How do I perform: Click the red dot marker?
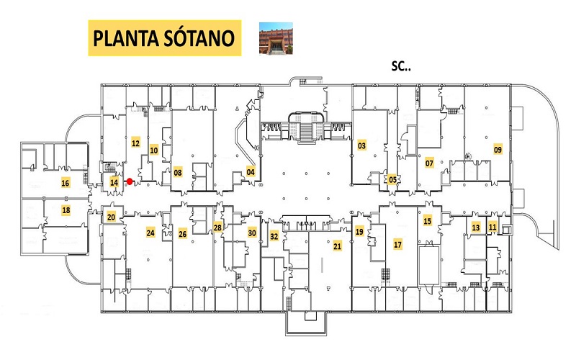130,181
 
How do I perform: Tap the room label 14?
114,182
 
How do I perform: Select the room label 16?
66,183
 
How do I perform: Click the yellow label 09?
498,150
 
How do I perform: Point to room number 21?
337,246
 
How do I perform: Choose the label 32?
274,236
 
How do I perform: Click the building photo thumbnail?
276,38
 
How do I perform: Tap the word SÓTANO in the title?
199,38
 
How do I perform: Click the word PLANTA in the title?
126,38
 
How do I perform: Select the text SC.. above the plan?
401,66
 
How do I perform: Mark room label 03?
362,145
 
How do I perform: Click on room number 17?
398,244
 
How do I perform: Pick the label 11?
492,227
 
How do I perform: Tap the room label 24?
150,233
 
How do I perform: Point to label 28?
217,228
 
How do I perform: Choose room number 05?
392,179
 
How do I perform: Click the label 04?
251,172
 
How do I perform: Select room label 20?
112,217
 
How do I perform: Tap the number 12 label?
135,143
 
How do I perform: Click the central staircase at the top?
306,128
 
